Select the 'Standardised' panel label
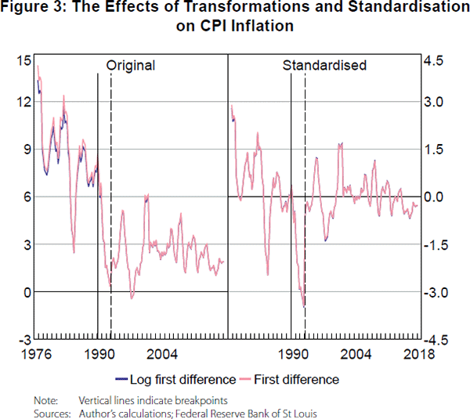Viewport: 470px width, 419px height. click(x=324, y=66)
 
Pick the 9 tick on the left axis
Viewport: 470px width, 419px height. click(x=24, y=150)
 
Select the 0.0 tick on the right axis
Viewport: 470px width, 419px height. click(x=434, y=197)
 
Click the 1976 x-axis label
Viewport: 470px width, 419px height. click(x=37, y=353)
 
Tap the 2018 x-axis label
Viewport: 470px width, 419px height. click(x=419, y=353)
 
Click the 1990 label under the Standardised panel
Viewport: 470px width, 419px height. click(x=294, y=353)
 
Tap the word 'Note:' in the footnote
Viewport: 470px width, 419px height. click(x=45, y=400)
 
